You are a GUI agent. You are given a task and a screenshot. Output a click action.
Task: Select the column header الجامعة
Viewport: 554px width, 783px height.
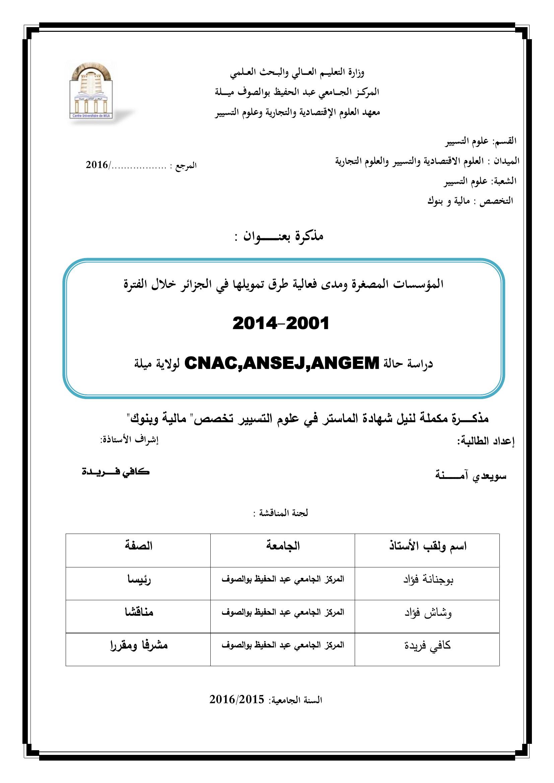283,546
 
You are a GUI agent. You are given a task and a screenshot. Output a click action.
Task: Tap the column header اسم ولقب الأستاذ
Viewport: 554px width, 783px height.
428,546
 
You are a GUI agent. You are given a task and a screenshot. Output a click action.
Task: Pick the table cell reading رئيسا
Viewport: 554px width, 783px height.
139,580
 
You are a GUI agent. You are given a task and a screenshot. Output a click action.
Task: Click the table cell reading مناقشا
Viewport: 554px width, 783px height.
139,613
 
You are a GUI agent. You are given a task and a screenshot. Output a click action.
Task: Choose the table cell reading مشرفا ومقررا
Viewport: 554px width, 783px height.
139,645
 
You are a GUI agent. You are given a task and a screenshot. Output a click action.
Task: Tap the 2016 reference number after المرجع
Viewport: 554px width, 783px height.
97,165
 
